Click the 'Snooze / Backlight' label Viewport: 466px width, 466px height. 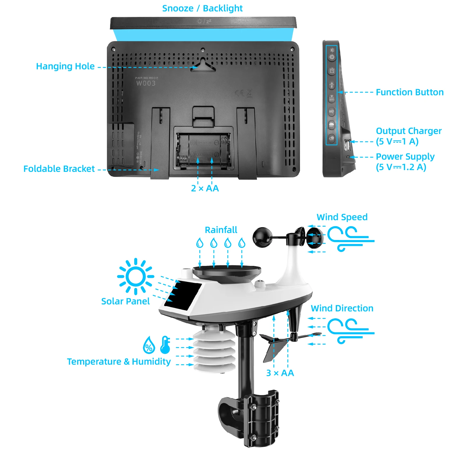pos(202,8)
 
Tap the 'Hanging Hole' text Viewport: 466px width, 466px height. pos(65,66)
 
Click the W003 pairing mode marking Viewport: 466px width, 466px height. pos(146,83)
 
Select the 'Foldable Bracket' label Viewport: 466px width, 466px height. pos(59,169)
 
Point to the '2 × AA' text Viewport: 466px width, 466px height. pos(205,188)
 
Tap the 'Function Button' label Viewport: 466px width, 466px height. pos(409,92)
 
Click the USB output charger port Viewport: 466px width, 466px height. pos(347,145)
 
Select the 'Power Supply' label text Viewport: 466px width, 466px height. pos(405,157)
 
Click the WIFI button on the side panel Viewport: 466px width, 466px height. pos(332,98)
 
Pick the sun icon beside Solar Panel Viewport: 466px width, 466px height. pos(135,276)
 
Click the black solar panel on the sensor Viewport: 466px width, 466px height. pos(183,295)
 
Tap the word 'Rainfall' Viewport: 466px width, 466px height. pos(221,230)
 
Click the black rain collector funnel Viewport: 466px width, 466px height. pos(227,273)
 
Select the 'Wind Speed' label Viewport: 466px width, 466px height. pos(342,217)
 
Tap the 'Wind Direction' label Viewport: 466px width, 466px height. pos(342,308)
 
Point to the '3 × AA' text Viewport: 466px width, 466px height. pos(280,373)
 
